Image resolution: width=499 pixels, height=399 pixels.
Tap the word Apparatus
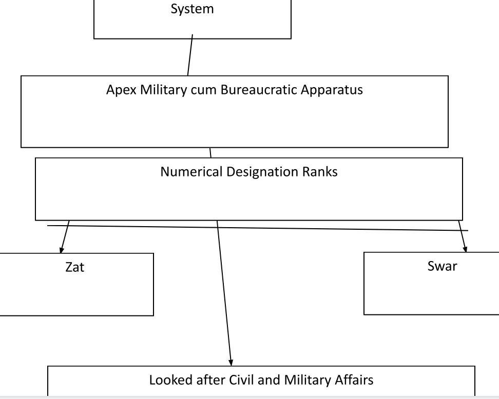click(338, 90)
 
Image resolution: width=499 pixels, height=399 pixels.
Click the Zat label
click(75, 267)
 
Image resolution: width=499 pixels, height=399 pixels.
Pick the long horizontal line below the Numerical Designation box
click(257, 228)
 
